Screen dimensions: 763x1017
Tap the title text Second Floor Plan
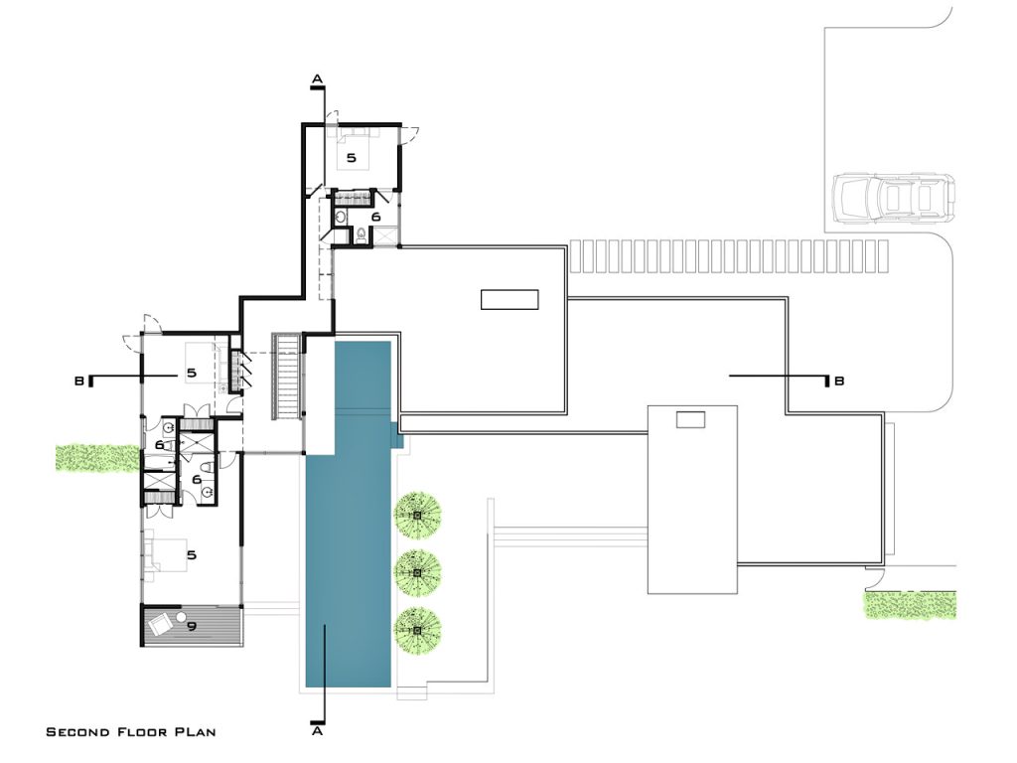pyautogui.click(x=131, y=732)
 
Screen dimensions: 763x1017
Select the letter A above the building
pyautogui.click(x=318, y=77)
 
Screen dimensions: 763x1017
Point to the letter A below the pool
pyautogui.click(x=318, y=732)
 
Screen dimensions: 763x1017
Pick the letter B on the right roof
pyautogui.click(x=839, y=381)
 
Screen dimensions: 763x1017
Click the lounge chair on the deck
pyautogui.click(x=161, y=625)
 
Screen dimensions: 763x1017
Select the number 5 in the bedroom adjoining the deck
pyautogui.click(x=192, y=555)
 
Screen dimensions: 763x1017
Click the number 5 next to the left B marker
pyautogui.click(x=192, y=374)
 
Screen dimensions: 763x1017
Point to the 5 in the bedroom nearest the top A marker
pyautogui.click(x=350, y=157)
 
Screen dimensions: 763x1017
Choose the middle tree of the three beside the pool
pyautogui.click(x=418, y=569)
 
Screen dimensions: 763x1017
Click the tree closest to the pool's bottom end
pyautogui.click(x=418, y=628)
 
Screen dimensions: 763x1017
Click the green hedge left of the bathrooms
pyautogui.click(x=96, y=456)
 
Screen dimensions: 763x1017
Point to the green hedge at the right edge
pyautogui.click(x=910, y=605)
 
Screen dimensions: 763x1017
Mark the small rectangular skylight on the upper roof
pyautogui.click(x=509, y=299)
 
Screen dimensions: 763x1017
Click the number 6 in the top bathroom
pyautogui.click(x=375, y=216)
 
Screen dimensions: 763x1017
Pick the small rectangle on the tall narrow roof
pyautogui.click(x=691, y=420)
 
